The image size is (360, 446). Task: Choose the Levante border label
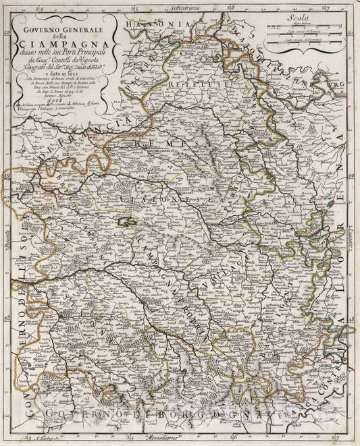(352, 223)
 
